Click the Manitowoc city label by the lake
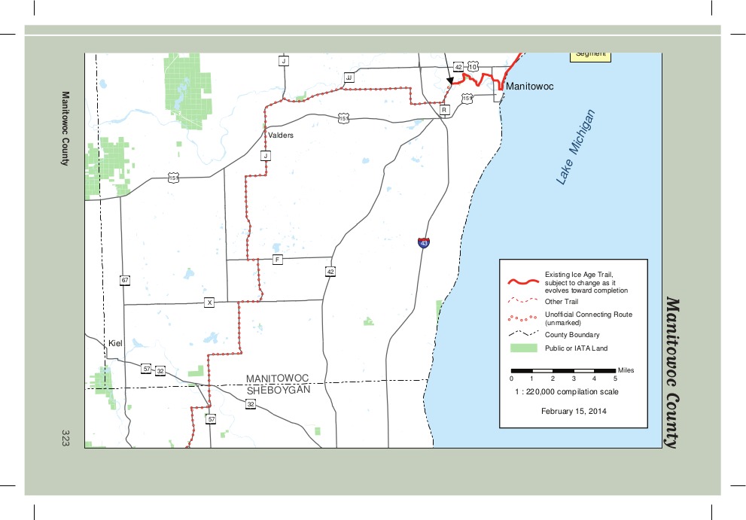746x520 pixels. (529, 87)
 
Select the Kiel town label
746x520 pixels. (115, 343)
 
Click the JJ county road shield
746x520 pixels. (349, 78)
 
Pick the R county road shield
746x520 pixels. (444, 110)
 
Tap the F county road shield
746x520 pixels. (278, 260)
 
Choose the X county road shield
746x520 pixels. (210, 303)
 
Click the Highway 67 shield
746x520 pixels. (125, 281)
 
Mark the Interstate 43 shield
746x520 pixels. (425, 243)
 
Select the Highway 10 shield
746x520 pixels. (472, 68)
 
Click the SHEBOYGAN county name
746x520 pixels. (279, 390)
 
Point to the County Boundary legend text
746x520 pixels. (572, 335)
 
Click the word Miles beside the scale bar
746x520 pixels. (626, 370)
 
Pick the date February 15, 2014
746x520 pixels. (574, 412)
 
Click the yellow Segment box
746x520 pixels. (589, 54)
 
